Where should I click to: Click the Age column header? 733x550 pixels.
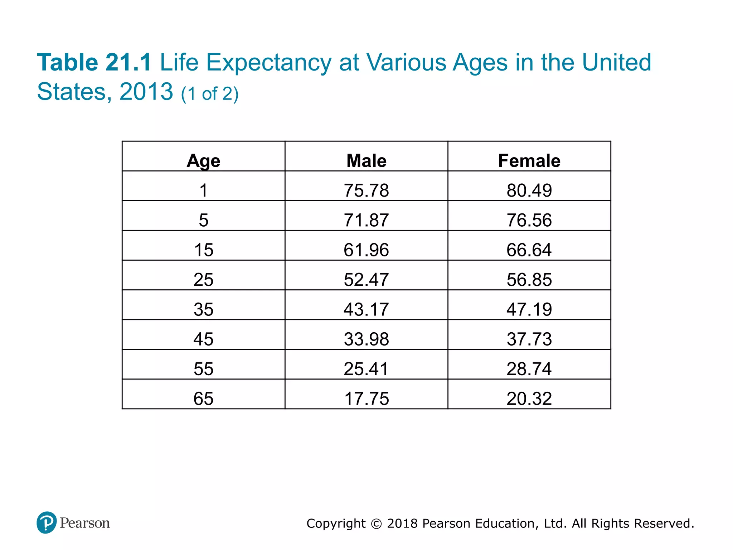pyautogui.click(x=203, y=161)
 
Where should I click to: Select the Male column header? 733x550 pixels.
pyautogui.click(x=366, y=161)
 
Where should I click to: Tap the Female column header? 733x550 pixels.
pyautogui.click(x=529, y=161)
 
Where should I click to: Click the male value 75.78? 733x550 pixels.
pyautogui.click(x=366, y=190)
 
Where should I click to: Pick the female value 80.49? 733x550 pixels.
pyautogui.click(x=529, y=190)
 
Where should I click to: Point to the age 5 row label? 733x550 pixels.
pyautogui.click(x=203, y=220)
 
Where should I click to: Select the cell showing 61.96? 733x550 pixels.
pyautogui.click(x=366, y=250)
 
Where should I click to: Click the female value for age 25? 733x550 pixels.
pyautogui.click(x=529, y=280)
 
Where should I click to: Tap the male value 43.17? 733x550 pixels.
pyautogui.click(x=366, y=309)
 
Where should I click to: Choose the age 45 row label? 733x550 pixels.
pyautogui.click(x=203, y=339)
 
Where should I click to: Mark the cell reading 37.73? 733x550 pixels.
pyautogui.click(x=529, y=339)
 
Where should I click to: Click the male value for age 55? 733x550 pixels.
pyautogui.click(x=366, y=369)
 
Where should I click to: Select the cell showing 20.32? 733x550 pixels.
pyautogui.click(x=529, y=399)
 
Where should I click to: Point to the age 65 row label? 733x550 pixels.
pyautogui.click(x=203, y=399)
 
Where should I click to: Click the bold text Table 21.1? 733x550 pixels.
pyautogui.click(x=94, y=63)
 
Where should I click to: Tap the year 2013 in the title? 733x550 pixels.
pyautogui.click(x=146, y=92)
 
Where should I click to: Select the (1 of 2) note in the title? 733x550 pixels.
pyautogui.click(x=210, y=94)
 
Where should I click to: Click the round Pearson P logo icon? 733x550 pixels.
pyautogui.click(x=47, y=522)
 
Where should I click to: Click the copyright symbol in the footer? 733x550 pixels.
pyautogui.click(x=376, y=524)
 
